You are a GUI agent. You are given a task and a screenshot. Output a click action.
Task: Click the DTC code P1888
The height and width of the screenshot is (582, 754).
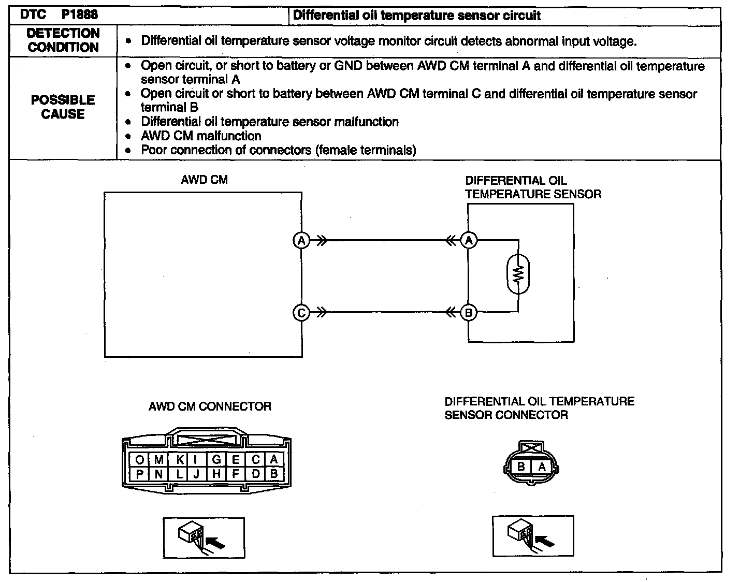[x=79, y=14]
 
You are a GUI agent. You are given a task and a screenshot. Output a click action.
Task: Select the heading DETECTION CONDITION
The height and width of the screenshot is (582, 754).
[x=63, y=40]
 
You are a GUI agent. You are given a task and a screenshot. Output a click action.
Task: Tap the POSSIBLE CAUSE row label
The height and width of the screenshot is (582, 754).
[x=63, y=107]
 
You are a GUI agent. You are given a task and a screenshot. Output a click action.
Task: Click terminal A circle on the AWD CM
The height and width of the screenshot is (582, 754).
[x=301, y=240]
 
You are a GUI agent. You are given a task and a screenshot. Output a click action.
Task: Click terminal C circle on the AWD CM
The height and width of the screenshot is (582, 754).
[x=301, y=313]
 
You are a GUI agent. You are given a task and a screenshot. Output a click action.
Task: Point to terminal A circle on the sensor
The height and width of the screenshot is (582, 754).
[x=469, y=240]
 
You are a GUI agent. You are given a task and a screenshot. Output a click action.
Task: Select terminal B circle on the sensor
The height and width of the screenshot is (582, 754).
[x=469, y=313]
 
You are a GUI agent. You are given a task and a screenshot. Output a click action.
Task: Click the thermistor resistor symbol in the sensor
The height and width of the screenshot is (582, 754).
[x=518, y=274]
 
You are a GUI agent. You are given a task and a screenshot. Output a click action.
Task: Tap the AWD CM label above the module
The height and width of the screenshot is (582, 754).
[x=205, y=180]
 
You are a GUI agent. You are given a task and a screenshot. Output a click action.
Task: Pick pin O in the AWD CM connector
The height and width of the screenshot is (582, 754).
[x=139, y=460]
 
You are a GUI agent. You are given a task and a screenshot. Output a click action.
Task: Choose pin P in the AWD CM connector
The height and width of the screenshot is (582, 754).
[x=139, y=474]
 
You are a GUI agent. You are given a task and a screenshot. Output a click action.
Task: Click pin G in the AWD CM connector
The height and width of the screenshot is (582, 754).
[x=216, y=460]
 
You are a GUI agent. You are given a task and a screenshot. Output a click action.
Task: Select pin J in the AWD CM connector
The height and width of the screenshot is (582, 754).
[x=196, y=474]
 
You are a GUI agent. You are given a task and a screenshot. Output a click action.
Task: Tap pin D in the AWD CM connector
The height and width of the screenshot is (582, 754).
[x=256, y=474]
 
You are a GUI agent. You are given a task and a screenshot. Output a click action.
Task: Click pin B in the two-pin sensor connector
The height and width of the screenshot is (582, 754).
[x=521, y=467]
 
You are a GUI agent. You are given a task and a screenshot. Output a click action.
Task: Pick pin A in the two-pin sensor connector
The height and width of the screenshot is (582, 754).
[x=542, y=467]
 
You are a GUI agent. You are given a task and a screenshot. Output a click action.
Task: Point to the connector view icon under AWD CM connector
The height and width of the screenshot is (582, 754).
[x=204, y=538]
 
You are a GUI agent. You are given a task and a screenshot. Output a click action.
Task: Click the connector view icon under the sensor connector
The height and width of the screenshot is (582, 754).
[x=533, y=536]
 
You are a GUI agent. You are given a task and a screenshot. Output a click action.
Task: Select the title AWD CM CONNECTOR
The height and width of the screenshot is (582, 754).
[x=210, y=406]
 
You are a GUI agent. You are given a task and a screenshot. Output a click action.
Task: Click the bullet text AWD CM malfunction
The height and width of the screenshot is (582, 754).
[x=201, y=136]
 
